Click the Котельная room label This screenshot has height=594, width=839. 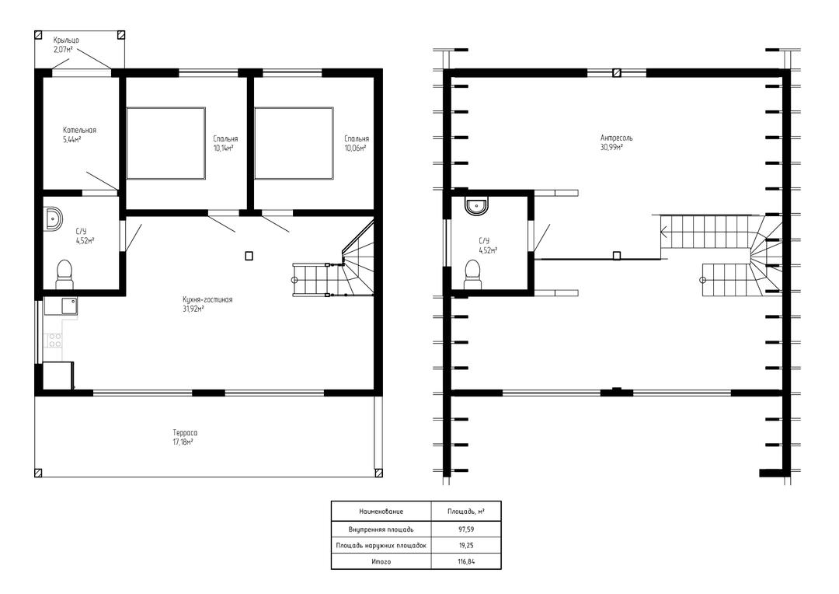pyautogui.click(x=79, y=130)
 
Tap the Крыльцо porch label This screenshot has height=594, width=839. pyautogui.click(x=66, y=40)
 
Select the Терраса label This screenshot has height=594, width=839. pyautogui.click(x=185, y=433)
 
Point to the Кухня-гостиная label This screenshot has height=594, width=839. pyautogui.click(x=207, y=300)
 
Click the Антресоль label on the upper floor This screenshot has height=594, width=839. pyautogui.click(x=616, y=138)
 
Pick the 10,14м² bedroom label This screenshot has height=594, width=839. pyautogui.click(x=223, y=148)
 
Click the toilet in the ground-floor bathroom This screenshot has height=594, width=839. pyautogui.click(x=64, y=274)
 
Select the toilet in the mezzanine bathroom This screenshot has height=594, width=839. pyautogui.click(x=472, y=274)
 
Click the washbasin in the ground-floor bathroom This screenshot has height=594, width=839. pyautogui.click(x=53, y=218)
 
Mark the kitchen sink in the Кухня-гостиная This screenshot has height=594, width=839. pyautogui.click(x=69, y=306)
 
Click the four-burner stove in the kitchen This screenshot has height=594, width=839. pyautogui.click(x=54, y=340)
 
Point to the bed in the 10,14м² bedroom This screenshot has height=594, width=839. pyautogui.click(x=166, y=143)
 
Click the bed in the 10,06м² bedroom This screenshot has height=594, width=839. pyautogui.click(x=294, y=143)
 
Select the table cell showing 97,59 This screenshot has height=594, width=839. pyautogui.click(x=466, y=529)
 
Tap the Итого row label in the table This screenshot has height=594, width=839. pyautogui.click(x=381, y=561)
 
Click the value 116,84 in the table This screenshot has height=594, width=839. pyautogui.click(x=466, y=561)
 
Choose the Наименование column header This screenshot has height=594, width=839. pyautogui.click(x=381, y=512)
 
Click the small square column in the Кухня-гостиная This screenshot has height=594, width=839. pyautogui.click(x=249, y=256)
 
